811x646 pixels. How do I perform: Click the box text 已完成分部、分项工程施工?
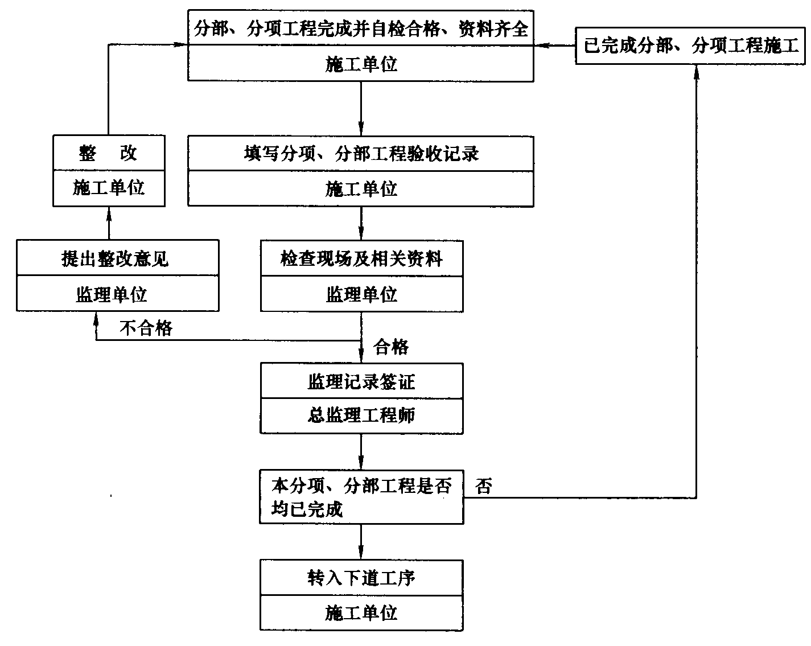click(x=691, y=46)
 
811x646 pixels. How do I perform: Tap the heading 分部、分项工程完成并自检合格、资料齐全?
click(x=361, y=28)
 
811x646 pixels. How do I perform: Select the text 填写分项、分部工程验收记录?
click(x=361, y=154)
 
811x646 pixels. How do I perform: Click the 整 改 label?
click(x=108, y=153)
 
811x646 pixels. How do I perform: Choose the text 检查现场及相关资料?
click(x=361, y=259)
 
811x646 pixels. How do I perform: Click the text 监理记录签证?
click(x=361, y=382)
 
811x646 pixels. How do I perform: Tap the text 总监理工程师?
click(x=361, y=415)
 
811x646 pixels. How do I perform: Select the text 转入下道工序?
click(x=361, y=578)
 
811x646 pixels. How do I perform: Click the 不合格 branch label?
click(x=146, y=328)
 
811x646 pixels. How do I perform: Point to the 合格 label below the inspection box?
click(x=391, y=347)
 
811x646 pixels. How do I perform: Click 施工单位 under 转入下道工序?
click(x=361, y=612)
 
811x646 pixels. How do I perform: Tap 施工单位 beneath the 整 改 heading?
click(x=108, y=187)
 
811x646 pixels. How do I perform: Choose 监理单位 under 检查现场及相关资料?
click(x=361, y=294)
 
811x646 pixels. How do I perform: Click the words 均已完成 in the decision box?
click(x=307, y=509)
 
